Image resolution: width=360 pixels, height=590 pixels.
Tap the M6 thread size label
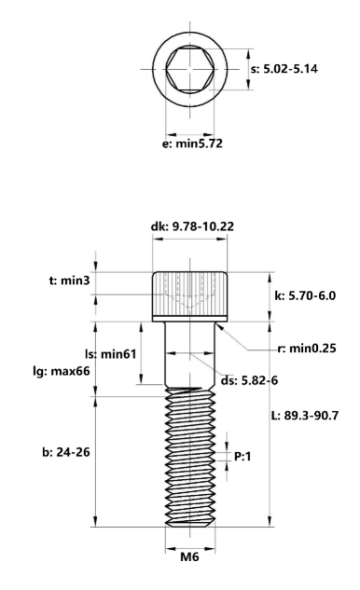[189, 557]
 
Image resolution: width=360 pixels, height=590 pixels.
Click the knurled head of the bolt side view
[189, 295]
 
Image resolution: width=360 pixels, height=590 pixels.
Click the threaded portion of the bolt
[189, 457]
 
